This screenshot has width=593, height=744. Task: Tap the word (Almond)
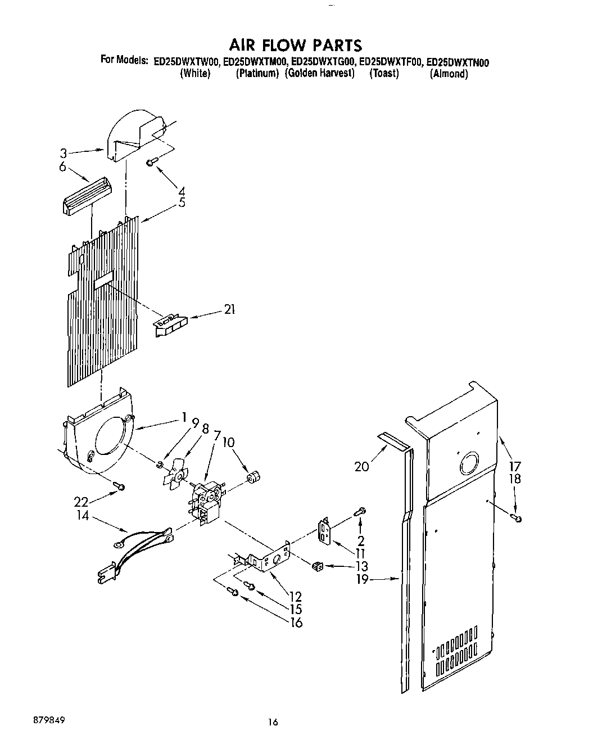click(x=449, y=74)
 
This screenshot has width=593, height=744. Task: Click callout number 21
click(x=229, y=309)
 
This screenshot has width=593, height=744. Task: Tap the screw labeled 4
click(x=151, y=162)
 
